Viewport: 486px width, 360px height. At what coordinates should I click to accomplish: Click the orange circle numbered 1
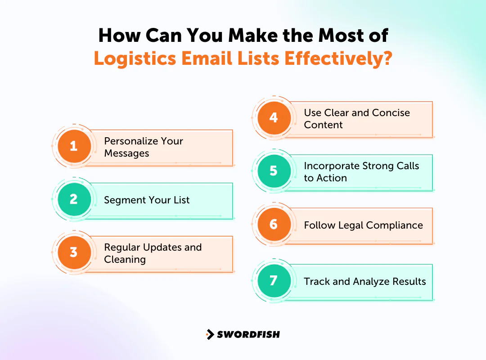click(x=74, y=146)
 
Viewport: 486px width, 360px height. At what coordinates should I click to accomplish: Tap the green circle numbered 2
click(x=74, y=199)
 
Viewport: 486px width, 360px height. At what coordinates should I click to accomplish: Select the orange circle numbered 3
click(x=74, y=252)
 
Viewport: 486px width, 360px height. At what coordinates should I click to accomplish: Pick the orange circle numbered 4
click(x=274, y=118)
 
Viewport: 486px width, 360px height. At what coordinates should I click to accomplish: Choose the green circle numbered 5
click(x=274, y=171)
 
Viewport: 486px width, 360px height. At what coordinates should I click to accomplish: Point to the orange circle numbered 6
click(x=274, y=224)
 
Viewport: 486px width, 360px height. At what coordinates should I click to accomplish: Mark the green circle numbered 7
click(x=274, y=281)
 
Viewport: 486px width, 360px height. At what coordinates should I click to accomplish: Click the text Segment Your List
click(x=147, y=200)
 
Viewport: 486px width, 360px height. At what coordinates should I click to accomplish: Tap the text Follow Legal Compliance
click(x=363, y=225)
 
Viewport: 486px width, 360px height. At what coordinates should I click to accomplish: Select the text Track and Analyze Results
click(x=364, y=282)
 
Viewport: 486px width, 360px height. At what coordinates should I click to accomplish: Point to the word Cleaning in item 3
click(x=125, y=260)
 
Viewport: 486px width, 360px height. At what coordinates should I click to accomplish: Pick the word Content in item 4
click(x=323, y=125)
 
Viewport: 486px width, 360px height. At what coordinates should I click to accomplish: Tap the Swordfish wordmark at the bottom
click(x=248, y=334)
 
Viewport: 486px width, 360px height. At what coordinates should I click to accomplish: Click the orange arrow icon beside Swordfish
click(x=210, y=334)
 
